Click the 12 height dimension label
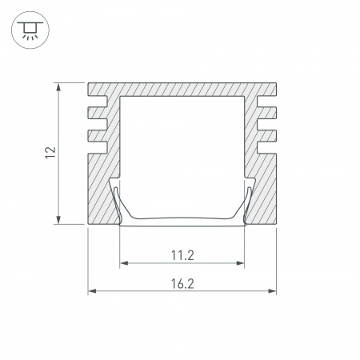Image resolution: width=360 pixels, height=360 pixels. (x=50, y=153)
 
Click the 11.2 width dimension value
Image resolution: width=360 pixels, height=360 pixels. (x=182, y=255)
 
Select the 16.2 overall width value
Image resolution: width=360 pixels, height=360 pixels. (x=182, y=283)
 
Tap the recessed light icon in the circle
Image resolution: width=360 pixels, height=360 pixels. (x=30, y=30)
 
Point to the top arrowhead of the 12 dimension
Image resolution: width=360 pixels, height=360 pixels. (x=58, y=87)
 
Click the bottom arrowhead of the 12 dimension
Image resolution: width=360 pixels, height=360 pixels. (x=58, y=219)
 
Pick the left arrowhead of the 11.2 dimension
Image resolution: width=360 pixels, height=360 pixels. (x=124, y=263)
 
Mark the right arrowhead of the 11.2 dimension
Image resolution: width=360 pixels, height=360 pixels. (x=240, y=263)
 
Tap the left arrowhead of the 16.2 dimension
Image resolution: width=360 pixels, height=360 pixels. (x=92, y=291)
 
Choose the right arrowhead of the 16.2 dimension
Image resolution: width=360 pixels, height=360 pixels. (x=272, y=291)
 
